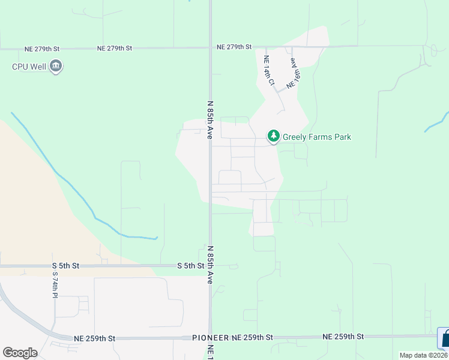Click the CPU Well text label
coord(28,67)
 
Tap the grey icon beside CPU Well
coord(56,66)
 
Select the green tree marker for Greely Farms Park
coord(274,137)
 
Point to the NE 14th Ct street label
coord(268,70)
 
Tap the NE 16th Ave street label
coord(293,73)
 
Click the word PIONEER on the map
coord(211,338)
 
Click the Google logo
coord(20,352)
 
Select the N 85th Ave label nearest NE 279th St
coord(210,120)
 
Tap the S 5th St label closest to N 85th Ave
coord(191,265)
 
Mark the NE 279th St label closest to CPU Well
coord(42,48)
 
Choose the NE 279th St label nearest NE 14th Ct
coord(234,47)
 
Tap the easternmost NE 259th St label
coord(343,337)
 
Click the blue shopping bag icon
coord(444,338)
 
